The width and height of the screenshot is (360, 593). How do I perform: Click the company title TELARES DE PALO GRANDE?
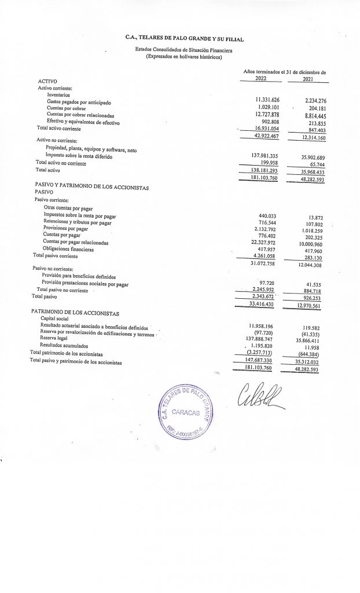(185, 38)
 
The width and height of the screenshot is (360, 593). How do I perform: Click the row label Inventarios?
(58, 94)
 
